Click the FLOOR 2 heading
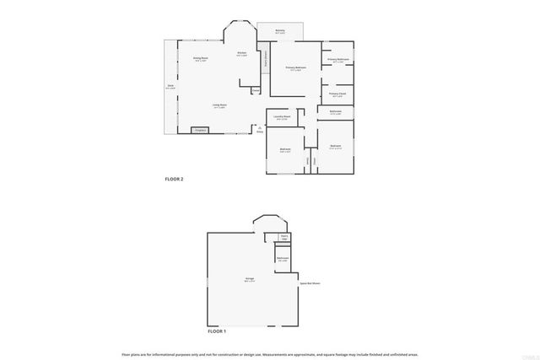click(x=173, y=180)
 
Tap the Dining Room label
click(x=201, y=60)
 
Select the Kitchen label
click(x=241, y=54)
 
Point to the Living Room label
click(x=219, y=105)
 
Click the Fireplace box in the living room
click(x=200, y=131)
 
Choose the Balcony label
click(x=279, y=30)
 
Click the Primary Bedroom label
click(x=294, y=67)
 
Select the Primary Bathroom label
click(x=337, y=60)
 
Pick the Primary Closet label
click(x=337, y=94)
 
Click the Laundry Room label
click(x=283, y=117)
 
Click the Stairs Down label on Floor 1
click(x=284, y=237)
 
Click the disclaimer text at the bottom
click(x=269, y=354)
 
